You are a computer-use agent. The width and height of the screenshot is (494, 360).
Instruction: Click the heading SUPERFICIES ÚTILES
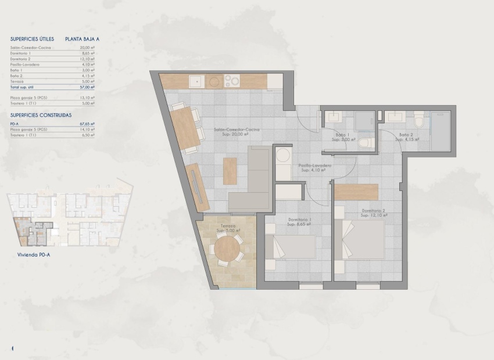[x=32, y=39]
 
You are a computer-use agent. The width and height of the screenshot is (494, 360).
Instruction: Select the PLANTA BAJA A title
[x=83, y=39]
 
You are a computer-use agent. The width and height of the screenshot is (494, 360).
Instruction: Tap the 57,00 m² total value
[x=87, y=87]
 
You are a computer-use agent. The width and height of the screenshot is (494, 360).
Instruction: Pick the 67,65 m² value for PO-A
[x=87, y=124]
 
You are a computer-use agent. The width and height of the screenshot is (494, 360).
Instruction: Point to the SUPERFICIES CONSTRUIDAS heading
[x=41, y=115]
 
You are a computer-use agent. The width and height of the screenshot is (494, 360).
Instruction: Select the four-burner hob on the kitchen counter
[x=232, y=82]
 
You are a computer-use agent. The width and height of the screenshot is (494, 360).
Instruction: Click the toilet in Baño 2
[x=418, y=122]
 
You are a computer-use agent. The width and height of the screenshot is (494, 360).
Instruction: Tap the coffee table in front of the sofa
[x=230, y=171]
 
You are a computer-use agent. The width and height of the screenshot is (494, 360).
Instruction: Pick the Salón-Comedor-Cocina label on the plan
[x=236, y=130]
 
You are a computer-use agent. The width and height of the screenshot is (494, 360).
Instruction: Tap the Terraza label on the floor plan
[x=227, y=226]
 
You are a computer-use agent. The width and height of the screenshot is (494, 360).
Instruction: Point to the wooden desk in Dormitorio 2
[x=356, y=192]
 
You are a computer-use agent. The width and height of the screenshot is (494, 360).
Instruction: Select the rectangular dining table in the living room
[x=185, y=129]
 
